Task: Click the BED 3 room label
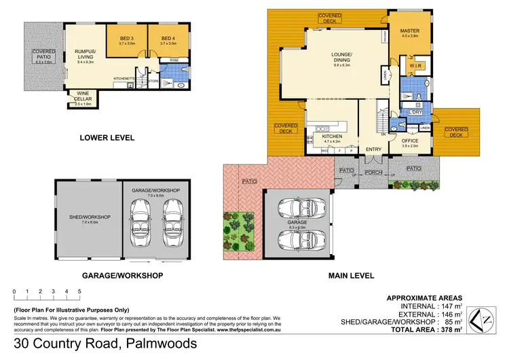tap(126, 38)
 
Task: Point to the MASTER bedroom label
tap(409, 31)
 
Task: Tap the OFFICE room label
tap(411, 141)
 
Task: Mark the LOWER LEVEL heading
tap(107, 138)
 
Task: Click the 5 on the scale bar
tap(79, 291)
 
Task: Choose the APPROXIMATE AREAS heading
tap(424, 298)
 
